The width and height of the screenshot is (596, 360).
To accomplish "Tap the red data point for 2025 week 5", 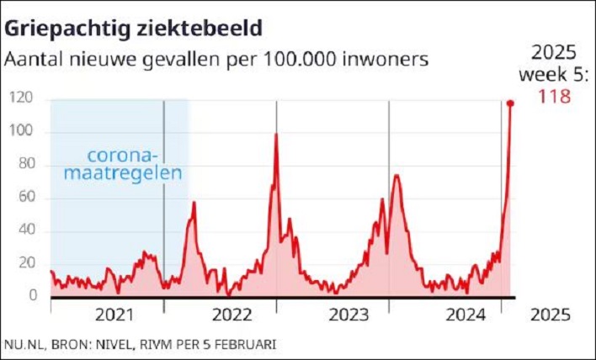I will pyautogui.click(x=510, y=103).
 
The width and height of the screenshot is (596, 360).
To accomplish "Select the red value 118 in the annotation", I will pyautogui.click(x=554, y=97).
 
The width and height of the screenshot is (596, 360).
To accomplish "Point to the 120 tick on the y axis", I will pyautogui.click(x=22, y=98).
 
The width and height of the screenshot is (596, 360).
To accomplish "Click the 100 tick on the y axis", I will pyautogui.click(x=22, y=131).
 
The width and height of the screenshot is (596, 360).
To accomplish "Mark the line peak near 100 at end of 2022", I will pyautogui.click(x=276, y=135).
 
